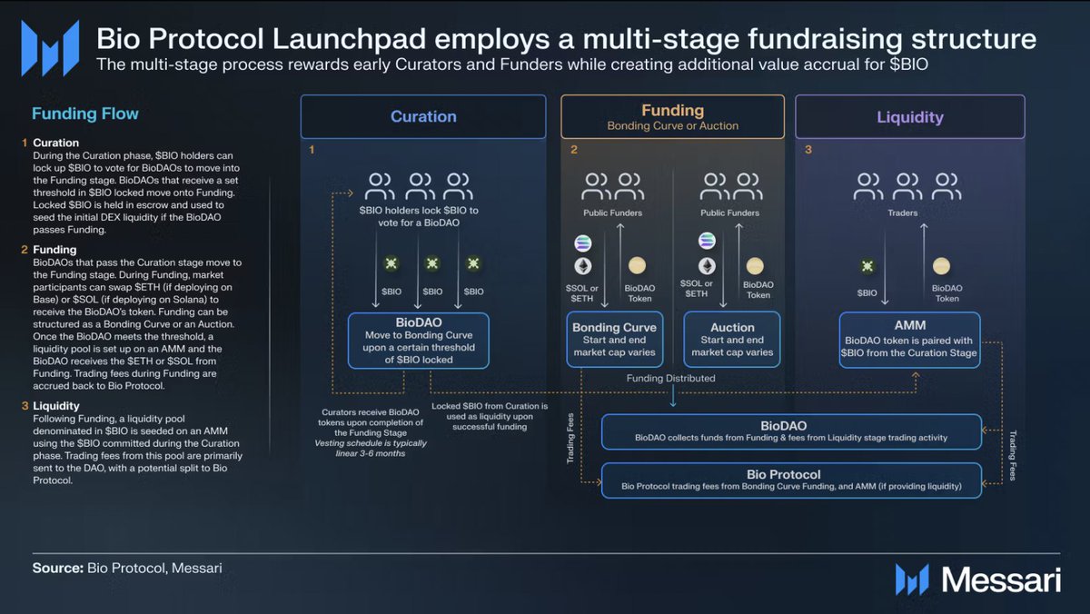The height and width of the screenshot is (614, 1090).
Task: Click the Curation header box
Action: click(423, 116)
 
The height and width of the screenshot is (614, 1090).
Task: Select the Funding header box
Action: click(672, 116)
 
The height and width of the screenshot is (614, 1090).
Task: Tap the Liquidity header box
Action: click(910, 116)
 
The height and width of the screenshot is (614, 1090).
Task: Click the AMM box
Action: click(910, 340)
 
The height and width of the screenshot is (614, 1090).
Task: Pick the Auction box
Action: click(732, 340)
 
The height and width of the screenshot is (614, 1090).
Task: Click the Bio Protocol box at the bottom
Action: click(791, 480)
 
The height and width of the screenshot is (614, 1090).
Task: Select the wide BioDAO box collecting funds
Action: click(791, 431)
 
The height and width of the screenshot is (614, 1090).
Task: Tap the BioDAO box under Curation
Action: click(419, 341)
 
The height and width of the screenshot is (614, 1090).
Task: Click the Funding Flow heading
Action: click(85, 114)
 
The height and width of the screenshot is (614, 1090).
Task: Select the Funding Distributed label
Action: click(671, 378)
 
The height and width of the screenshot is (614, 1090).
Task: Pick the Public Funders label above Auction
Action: click(731, 213)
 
